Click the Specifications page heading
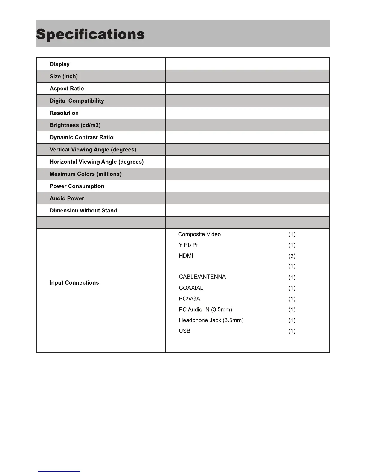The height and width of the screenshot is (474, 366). click(90, 34)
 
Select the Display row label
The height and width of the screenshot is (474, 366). click(60, 64)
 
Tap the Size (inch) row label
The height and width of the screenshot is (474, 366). click(64, 76)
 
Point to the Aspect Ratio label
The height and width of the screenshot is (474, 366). click(67, 89)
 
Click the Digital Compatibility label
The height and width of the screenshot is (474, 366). click(77, 101)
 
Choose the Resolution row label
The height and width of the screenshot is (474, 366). click(64, 113)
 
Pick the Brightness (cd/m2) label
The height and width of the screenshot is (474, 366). click(75, 125)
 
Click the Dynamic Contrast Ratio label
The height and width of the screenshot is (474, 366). click(81, 137)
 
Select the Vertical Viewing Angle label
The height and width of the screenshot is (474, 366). click(93, 150)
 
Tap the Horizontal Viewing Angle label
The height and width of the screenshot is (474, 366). click(97, 162)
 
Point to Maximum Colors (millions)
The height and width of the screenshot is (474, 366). click(86, 174)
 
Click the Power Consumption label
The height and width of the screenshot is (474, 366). click(77, 186)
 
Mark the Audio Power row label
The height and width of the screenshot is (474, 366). click(67, 198)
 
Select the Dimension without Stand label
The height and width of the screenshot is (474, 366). click(83, 211)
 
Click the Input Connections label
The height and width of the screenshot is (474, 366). click(74, 283)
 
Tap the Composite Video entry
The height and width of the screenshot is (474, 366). click(199, 234)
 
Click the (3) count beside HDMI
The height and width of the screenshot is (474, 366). click(292, 256)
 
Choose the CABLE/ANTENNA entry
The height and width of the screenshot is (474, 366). click(202, 277)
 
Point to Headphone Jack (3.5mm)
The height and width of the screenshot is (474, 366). click(211, 320)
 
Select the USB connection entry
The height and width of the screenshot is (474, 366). click(184, 331)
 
